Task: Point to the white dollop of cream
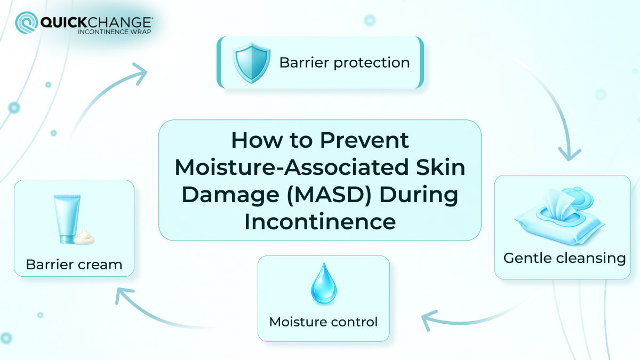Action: click(x=84, y=236)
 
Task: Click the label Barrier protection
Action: click(x=345, y=63)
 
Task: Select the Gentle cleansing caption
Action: click(x=564, y=259)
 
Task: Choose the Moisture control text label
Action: click(x=323, y=322)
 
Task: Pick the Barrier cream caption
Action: click(x=74, y=265)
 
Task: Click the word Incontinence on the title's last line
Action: click(x=320, y=221)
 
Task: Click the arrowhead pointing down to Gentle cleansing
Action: click(x=569, y=153)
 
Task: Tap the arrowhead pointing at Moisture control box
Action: click(x=429, y=321)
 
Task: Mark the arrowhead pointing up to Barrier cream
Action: click(x=124, y=295)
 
